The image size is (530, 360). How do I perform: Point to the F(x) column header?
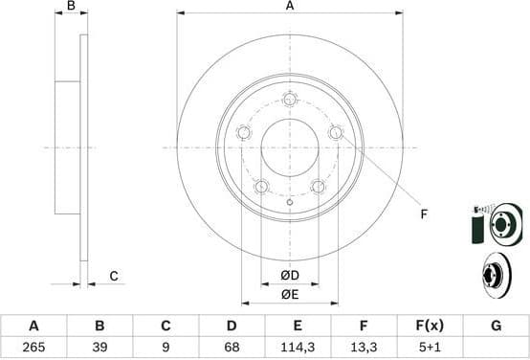430,326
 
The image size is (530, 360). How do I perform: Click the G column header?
496,326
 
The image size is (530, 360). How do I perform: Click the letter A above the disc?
289,7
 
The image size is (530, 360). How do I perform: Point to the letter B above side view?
71,7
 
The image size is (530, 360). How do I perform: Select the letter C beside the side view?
113,277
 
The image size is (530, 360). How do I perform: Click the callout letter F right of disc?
422,214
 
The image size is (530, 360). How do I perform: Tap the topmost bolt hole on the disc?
290,99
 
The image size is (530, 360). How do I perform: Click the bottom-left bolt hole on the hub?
261,186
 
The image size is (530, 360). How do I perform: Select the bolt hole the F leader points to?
336,132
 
